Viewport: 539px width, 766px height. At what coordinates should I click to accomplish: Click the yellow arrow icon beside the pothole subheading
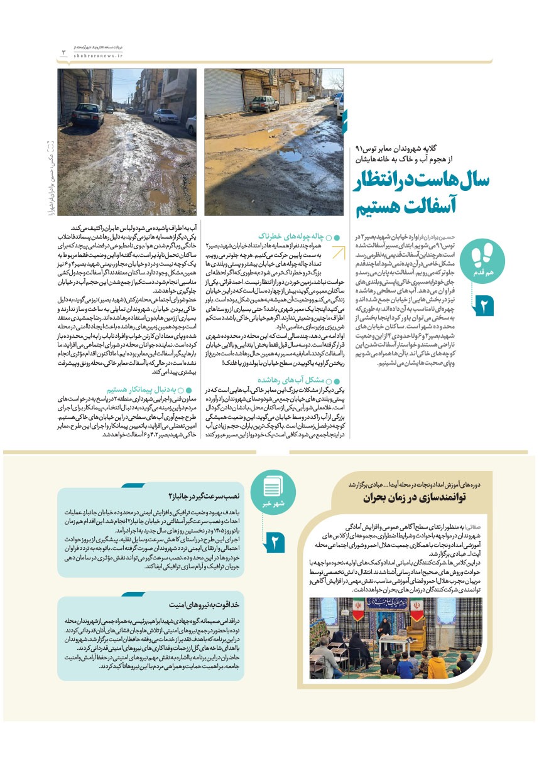tap(337, 252)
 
